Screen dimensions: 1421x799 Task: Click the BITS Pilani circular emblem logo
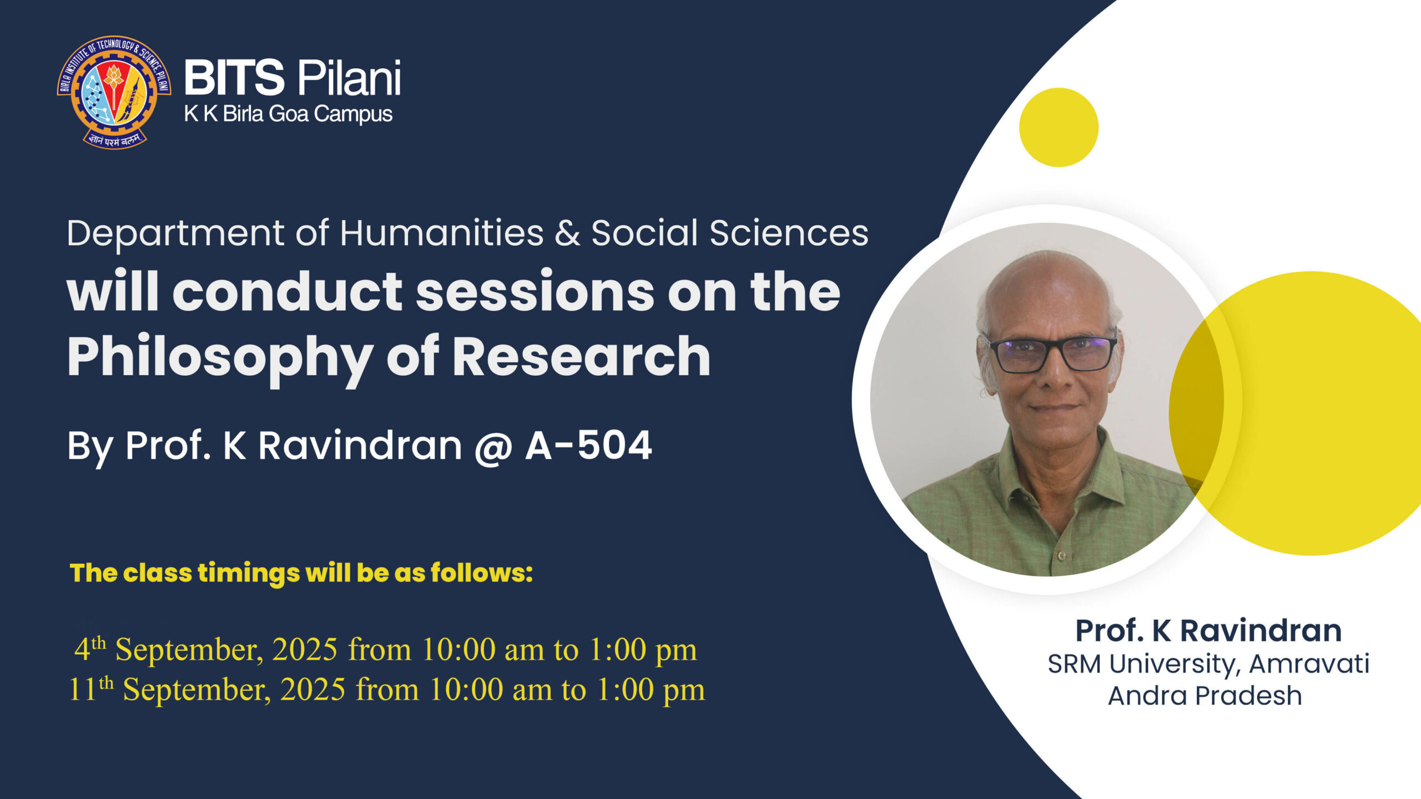point(114,92)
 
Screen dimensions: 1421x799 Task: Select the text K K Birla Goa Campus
point(288,114)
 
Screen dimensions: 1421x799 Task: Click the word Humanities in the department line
point(442,232)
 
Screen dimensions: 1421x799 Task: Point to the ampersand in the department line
point(567,233)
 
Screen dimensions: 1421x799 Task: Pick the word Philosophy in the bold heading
point(220,358)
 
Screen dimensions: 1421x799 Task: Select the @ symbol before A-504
point(493,447)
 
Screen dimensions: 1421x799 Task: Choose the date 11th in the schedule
point(90,688)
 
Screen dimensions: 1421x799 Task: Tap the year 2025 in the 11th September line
point(313,689)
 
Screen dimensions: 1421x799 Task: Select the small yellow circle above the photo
point(1059,127)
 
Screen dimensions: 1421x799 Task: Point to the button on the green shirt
point(1061,555)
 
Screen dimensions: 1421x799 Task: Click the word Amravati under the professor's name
point(1309,664)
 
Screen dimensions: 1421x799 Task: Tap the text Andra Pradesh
point(1205,696)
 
